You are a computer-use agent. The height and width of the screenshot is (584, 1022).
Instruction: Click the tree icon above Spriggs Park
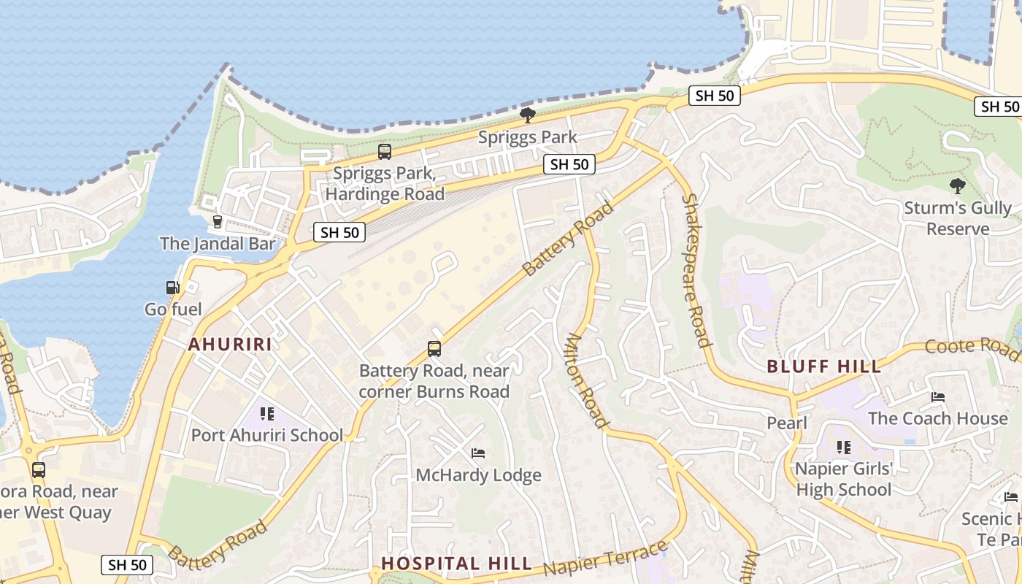click(x=527, y=115)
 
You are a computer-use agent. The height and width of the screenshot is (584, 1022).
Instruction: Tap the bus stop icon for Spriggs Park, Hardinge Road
click(x=384, y=152)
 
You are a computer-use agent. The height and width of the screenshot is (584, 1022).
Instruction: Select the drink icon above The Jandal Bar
click(x=217, y=221)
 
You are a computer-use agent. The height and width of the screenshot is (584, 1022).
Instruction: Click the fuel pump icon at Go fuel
click(x=172, y=288)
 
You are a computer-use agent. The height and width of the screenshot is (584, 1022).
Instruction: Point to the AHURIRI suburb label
click(x=230, y=345)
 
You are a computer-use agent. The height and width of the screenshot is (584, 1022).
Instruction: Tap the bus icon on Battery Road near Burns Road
click(x=434, y=349)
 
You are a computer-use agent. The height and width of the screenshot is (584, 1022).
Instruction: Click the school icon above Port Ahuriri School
click(x=267, y=414)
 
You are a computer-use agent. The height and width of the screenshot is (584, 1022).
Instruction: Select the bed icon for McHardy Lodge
click(x=478, y=453)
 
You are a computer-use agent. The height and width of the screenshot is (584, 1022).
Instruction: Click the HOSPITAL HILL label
click(x=457, y=564)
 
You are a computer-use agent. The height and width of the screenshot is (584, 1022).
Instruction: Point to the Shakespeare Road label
click(x=696, y=270)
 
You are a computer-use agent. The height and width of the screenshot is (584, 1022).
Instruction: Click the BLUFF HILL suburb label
click(x=824, y=366)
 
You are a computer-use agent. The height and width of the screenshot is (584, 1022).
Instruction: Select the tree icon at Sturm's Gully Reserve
click(x=957, y=186)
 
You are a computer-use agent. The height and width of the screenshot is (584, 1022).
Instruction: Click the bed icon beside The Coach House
click(x=938, y=397)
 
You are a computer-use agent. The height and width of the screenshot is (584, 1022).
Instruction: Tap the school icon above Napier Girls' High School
click(x=844, y=447)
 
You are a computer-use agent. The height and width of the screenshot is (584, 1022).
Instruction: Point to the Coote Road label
click(x=972, y=348)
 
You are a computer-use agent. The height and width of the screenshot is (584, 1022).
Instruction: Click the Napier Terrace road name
click(x=606, y=558)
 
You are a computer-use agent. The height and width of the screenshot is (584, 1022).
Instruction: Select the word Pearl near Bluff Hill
click(x=786, y=423)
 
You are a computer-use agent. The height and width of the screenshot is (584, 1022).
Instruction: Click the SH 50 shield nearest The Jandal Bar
click(x=339, y=233)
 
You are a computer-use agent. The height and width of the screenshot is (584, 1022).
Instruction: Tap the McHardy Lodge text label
click(x=478, y=475)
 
